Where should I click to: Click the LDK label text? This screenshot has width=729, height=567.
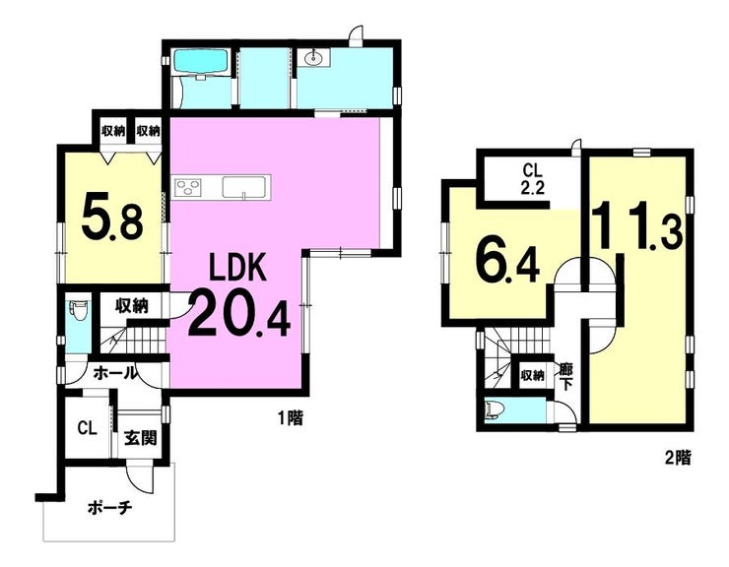pos(237,267)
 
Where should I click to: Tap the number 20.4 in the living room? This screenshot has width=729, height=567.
pos(239,313)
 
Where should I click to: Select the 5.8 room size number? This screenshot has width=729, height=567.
pos(111,219)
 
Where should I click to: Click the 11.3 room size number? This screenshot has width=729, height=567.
pos(637,225)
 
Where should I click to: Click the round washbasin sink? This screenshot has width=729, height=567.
pos(314,58)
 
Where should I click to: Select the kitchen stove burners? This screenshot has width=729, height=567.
pos(188,188)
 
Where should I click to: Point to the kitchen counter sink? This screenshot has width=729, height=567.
pos(243,187)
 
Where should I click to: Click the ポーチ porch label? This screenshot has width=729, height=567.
pos(109,508)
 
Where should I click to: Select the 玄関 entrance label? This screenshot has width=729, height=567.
pos(141,438)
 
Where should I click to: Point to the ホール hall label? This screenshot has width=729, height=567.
pos(116,372)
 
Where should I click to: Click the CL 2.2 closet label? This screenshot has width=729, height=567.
pos(533,178)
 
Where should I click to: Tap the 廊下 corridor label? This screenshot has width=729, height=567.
pos(566,377)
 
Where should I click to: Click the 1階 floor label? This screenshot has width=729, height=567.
pos(290,418)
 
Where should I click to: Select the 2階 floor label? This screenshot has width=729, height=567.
pos(678,459)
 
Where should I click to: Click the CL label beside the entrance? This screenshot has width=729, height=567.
pos(88,428)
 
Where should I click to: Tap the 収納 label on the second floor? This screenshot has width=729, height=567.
pos(532,375)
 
